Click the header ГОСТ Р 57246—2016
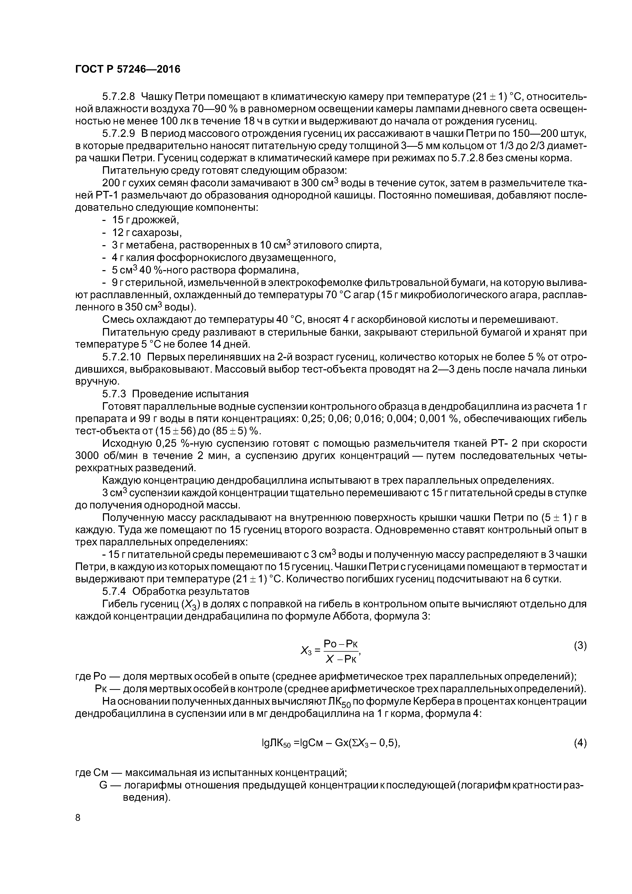pyautogui.click(x=128, y=69)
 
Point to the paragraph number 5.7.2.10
pyautogui.click(x=122, y=357)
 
